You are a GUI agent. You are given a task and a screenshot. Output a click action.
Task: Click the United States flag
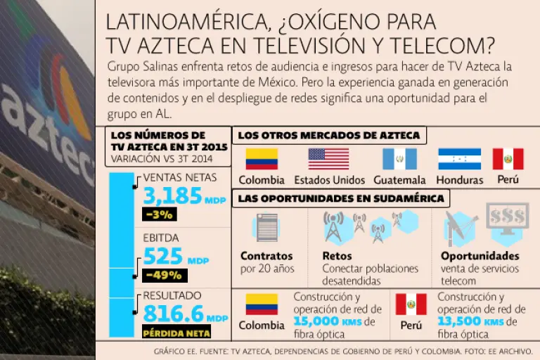click(x=328, y=159)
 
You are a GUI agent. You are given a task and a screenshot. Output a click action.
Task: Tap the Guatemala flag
click(x=399, y=159)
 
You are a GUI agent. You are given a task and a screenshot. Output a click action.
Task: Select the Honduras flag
click(x=459, y=159)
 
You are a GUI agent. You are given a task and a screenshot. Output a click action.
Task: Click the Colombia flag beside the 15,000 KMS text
click(x=261, y=304)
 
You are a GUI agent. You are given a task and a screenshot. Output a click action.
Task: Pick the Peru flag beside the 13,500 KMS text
click(x=411, y=304)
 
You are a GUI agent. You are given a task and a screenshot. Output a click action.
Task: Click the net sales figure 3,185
click(x=172, y=196)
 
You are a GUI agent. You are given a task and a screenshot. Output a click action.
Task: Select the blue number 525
click(x=163, y=256)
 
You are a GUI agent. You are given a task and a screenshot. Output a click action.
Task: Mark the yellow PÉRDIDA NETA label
click(x=177, y=332)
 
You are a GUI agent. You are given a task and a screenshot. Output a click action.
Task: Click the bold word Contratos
click(x=266, y=256)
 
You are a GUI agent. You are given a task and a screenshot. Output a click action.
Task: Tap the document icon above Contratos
click(x=267, y=228)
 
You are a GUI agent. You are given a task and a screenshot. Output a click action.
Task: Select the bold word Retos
click(x=337, y=256)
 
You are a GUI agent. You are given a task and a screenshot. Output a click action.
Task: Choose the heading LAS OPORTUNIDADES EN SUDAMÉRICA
click(x=341, y=198)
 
